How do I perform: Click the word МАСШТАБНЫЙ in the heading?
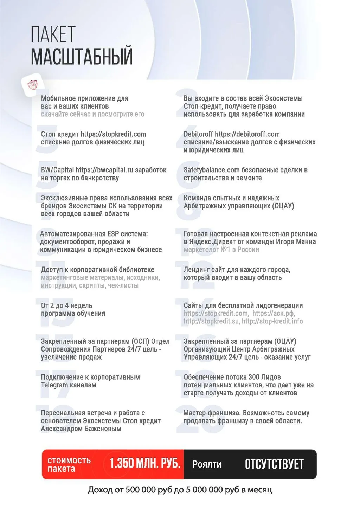pos(82,56)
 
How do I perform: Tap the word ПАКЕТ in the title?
pos(53,34)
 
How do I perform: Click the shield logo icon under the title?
pos(32,85)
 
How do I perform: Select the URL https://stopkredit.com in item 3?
pos(113,134)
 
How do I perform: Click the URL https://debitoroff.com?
pos(247,134)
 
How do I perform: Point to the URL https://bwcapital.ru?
pos(104,170)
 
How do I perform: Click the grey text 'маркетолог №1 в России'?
pos(221,250)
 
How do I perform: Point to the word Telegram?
pos(54,385)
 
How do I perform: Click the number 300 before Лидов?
pos(253,377)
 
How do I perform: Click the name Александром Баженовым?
pos(81,429)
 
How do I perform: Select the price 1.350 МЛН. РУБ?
pos(145,464)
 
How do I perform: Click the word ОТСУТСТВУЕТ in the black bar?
pos(274,464)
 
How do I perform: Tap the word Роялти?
pos(207,465)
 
